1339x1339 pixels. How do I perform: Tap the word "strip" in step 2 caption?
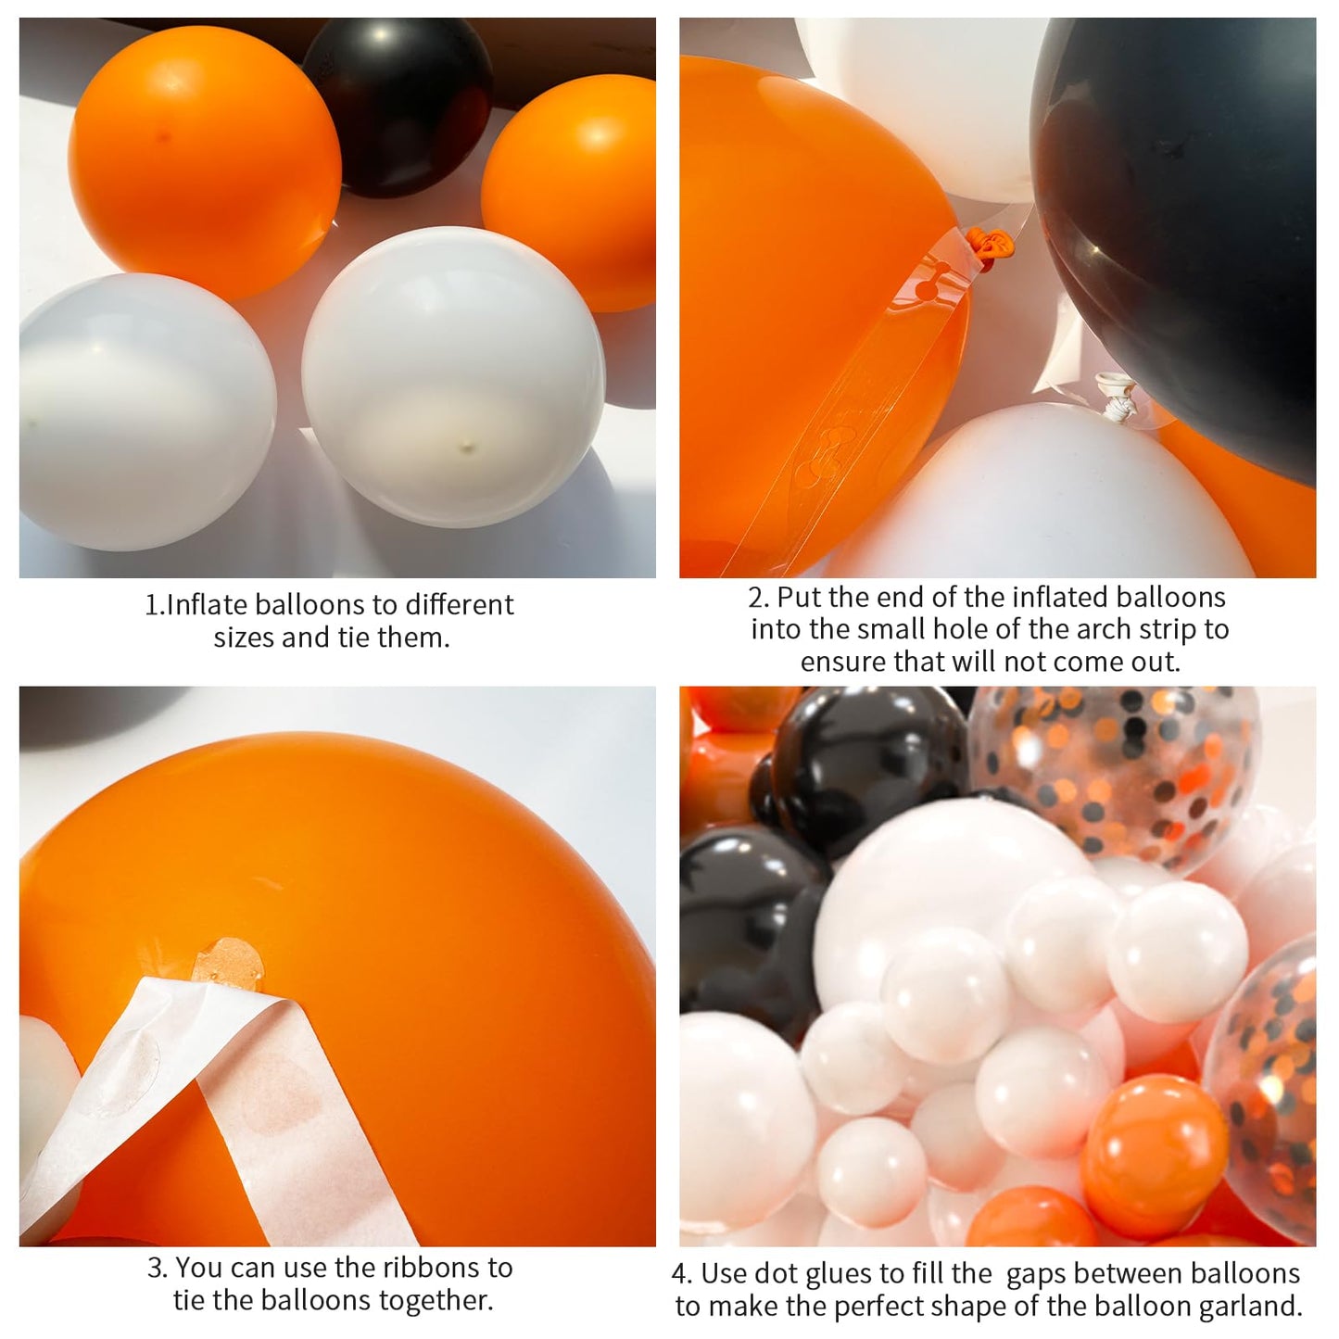1163,629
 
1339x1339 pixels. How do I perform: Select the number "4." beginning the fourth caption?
683,1274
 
